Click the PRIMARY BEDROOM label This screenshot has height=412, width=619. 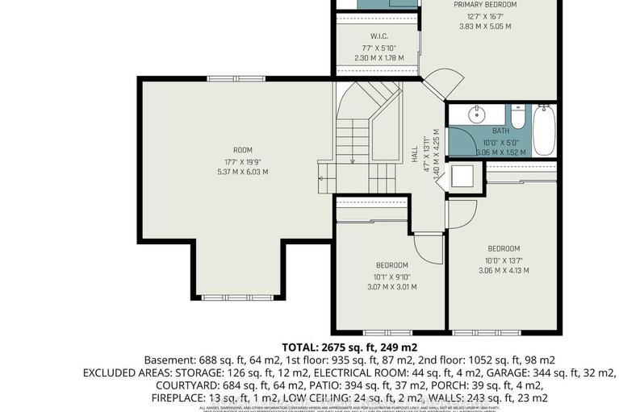coord(484,4)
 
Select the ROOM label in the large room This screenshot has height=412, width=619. coord(243,150)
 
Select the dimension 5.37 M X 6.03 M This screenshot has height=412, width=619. coord(243,172)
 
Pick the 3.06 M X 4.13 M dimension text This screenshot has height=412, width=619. coord(504,270)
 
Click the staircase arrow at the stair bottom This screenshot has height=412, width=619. coord(352,160)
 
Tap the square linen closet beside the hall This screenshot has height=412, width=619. coord(464,175)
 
